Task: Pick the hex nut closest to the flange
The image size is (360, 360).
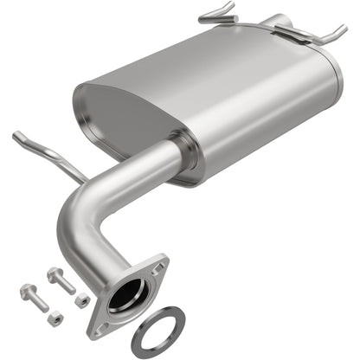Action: click(x=82, y=299)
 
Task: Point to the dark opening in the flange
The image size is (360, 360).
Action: click(x=127, y=293)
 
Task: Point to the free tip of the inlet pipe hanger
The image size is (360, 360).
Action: click(x=16, y=135)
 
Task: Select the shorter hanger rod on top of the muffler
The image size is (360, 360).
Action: click(x=218, y=15)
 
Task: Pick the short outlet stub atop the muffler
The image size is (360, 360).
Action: click(x=274, y=21)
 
